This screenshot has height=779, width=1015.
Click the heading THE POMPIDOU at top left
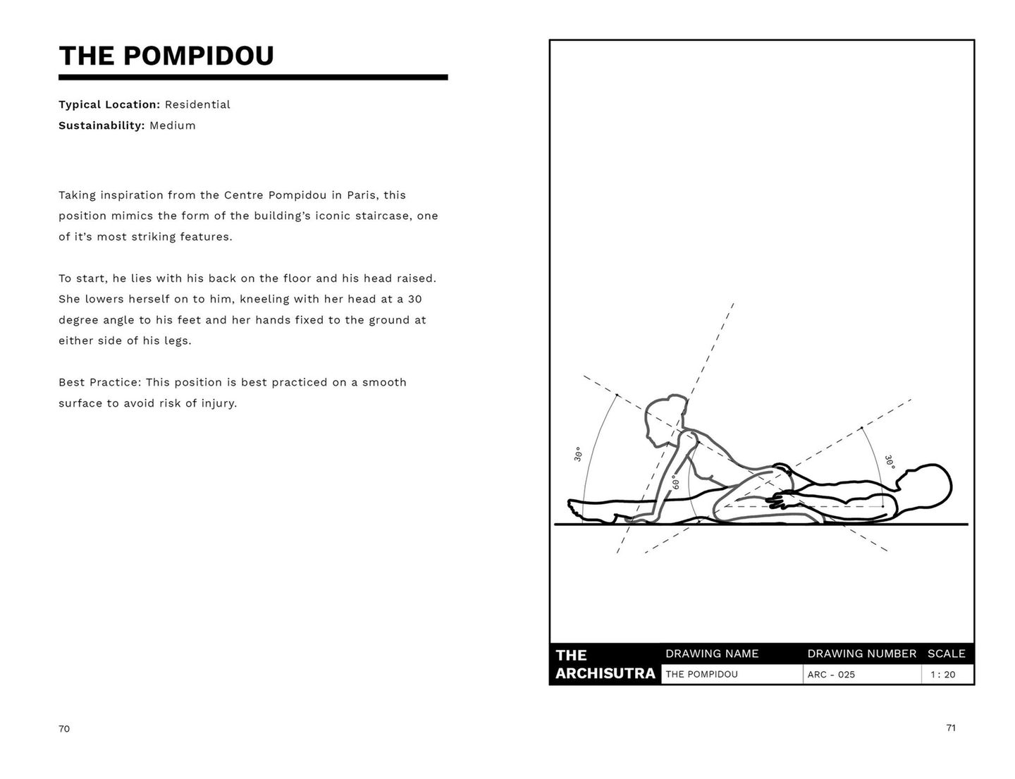tap(166, 56)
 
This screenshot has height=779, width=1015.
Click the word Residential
tap(197, 104)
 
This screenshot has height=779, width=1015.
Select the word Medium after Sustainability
tap(173, 125)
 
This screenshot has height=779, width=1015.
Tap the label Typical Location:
tap(109, 104)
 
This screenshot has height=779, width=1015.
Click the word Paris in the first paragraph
tap(363, 195)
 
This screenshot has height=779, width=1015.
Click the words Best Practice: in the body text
tap(100, 382)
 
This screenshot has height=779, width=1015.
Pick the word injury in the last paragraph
tap(218, 403)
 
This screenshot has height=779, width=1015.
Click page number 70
tap(64, 729)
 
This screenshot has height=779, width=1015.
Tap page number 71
tap(951, 728)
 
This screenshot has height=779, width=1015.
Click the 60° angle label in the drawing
tap(675, 482)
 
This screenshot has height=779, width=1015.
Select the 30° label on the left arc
tap(578, 454)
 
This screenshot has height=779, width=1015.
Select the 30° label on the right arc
tap(889, 462)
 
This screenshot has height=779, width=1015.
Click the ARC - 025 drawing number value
tap(831, 675)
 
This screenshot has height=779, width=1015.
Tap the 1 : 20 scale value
tap(942, 675)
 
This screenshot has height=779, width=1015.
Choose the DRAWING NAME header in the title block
tap(712, 654)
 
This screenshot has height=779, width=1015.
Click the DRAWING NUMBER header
tap(861, 654)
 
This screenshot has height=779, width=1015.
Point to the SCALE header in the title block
tap(946, 654)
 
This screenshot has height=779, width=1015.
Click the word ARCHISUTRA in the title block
tap(605, 673)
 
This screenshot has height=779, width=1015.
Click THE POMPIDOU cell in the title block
tap(701, 675)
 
